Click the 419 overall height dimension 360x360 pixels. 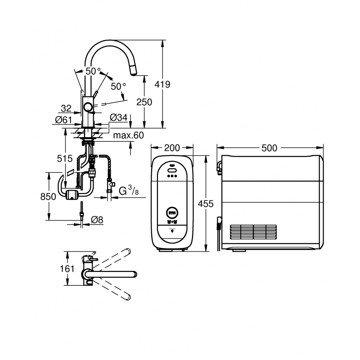point(162,85)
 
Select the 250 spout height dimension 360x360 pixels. point(144,102)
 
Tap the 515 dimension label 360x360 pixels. point(65,158)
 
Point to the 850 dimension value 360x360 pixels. point(48,197)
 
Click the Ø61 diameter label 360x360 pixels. point(63,120)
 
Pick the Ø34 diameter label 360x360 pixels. point(118,117)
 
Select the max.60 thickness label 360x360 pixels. point(128,135)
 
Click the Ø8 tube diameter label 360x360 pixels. point(97,220)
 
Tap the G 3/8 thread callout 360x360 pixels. point(129,191)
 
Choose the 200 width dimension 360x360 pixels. point(172,148)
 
